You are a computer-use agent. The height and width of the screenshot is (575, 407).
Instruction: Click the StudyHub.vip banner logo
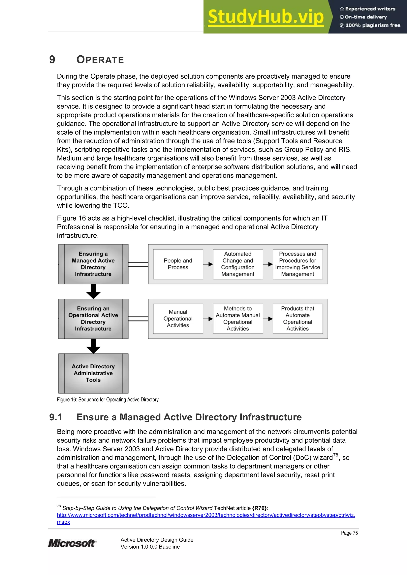tap(266, 17)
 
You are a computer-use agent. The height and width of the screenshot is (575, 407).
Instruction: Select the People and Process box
tap(178, 264)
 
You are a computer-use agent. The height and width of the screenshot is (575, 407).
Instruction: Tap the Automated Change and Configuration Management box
tap(238, 264)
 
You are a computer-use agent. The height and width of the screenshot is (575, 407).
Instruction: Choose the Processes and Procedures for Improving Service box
tap(297, 264)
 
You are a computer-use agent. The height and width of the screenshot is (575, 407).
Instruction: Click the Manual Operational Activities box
tap(178, 319)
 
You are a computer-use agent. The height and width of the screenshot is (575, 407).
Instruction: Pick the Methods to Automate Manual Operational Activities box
tap(238, 319)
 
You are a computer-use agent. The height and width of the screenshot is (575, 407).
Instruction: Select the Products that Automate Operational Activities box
tap(297, 319)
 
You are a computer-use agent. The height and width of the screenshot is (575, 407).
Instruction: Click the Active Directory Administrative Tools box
tap(93, 373)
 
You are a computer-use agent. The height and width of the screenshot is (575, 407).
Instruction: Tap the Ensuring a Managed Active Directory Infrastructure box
tap(93, 264)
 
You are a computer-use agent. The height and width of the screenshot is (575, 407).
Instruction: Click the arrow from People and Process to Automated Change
tap(208, 264)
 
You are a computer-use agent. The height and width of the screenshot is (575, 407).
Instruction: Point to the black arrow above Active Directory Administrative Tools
tap(93, 346)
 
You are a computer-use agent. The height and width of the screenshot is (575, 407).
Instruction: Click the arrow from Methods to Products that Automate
tap(268, 319)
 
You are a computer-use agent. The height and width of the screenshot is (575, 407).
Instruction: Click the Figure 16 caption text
tap(108, 400)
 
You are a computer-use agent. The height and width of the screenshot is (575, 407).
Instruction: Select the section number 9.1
tap(55, 417)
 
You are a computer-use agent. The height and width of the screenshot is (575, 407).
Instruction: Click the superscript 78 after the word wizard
tap(335, 455)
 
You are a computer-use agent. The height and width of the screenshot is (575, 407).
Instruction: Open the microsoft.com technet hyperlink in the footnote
tap(206, 515)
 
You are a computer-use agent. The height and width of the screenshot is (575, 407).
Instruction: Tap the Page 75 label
tap(349, 533)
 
